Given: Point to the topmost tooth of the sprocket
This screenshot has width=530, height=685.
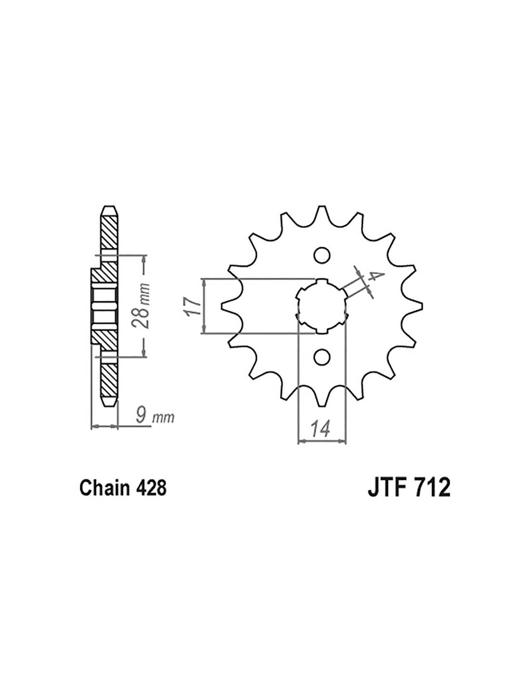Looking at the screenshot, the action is tap(321, 214).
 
